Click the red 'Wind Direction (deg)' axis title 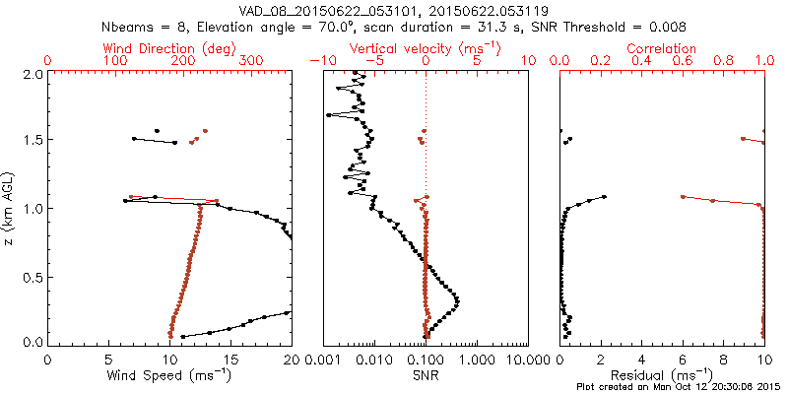point(170,48)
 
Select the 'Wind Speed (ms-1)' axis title point(170,375)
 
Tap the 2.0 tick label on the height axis point(33,74)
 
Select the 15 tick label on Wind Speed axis point(231,360)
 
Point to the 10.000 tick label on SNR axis point(528,360)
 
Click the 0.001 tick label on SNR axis point(323,360)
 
